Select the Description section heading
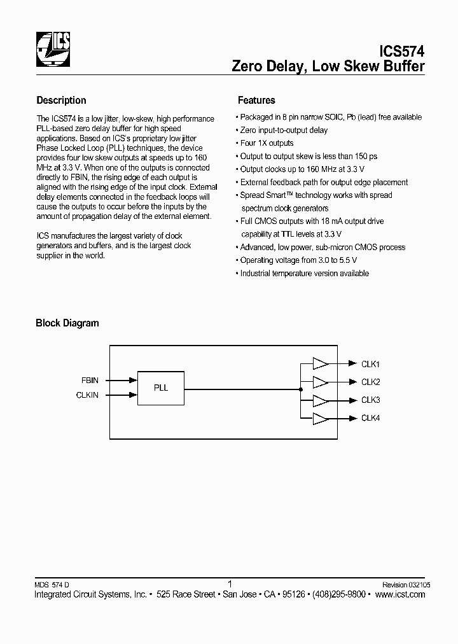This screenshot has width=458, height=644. (61, 100)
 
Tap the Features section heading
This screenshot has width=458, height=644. (256, 100)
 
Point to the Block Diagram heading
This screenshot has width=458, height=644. (67, 323)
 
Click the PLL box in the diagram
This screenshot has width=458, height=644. (161, 388)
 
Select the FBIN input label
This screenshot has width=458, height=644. (90, 380)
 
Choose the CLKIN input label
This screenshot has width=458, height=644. (88, 395)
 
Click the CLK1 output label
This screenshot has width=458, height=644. (370, 364)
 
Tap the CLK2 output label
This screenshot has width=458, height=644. (370, 382)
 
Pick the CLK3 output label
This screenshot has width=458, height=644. (370, 400)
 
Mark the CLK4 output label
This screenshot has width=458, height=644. (370, 418)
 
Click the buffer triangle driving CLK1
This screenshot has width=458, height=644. (320, 363)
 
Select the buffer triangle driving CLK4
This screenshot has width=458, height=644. (320, 418)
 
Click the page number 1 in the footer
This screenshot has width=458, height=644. (229, 583)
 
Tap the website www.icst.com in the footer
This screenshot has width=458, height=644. (400, 594)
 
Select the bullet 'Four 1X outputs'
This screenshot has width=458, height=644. (267, 143)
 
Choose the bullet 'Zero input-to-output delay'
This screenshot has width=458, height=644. (284, 130)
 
